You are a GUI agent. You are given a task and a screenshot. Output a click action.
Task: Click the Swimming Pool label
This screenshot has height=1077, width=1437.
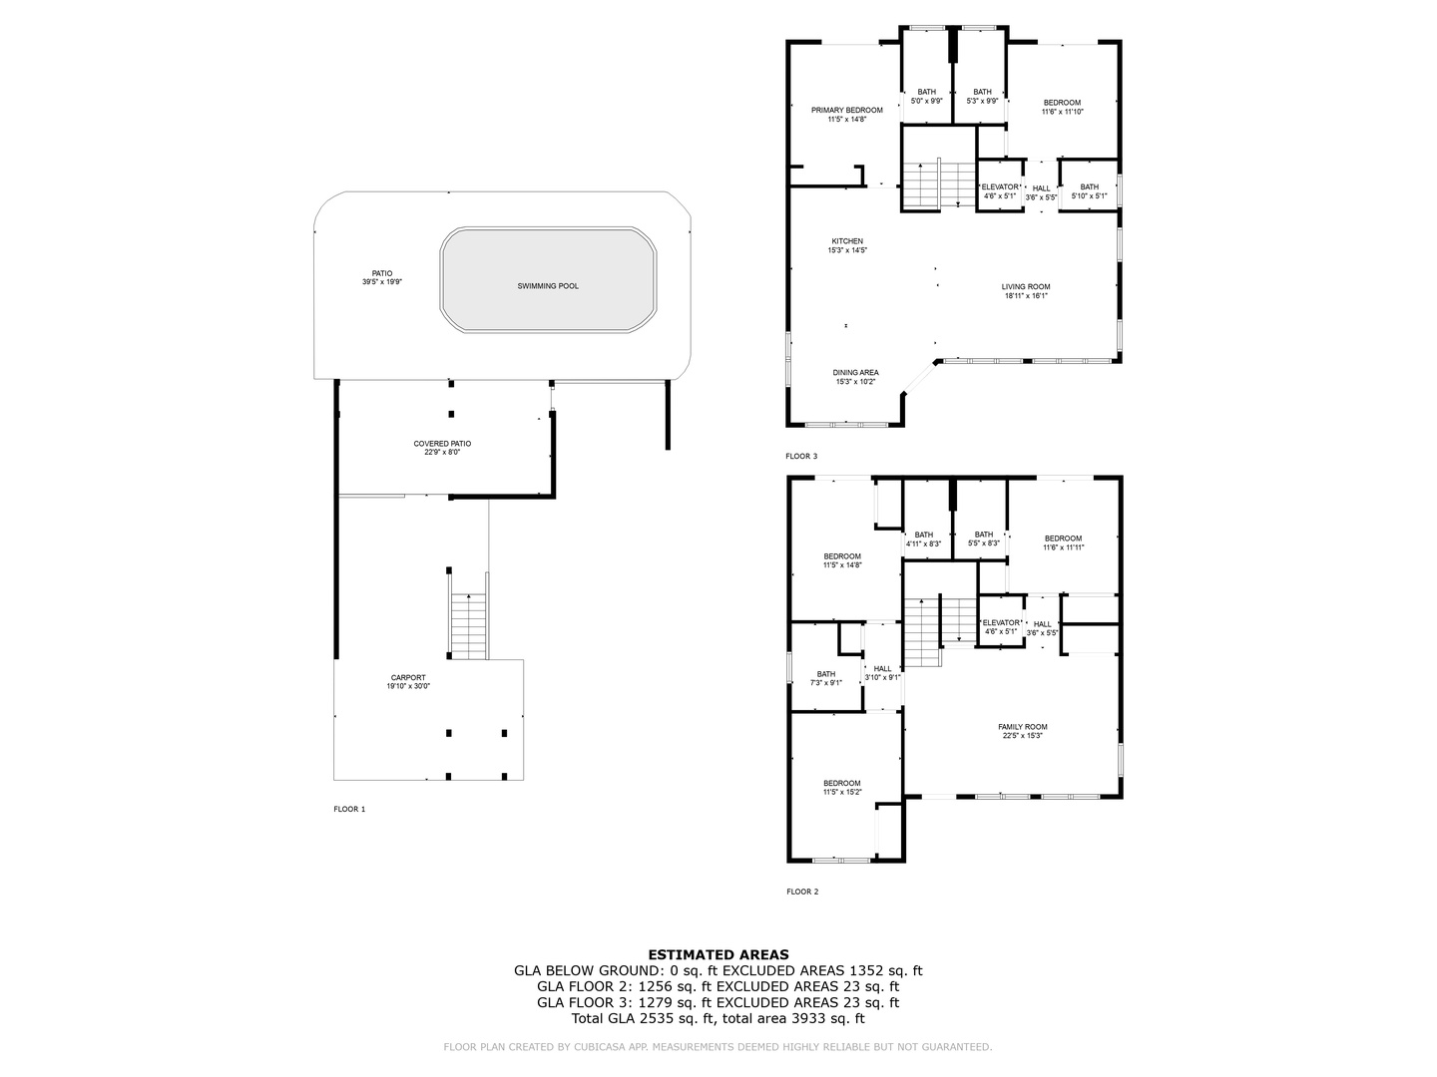click(x=547, y=286)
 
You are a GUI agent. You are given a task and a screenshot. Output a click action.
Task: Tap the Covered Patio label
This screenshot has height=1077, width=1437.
click(x=442, y=447)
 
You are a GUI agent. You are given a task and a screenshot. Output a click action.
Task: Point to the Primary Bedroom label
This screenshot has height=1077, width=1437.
click(x=846, y=114)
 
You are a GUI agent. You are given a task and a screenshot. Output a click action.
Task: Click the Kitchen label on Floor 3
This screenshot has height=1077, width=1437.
click(x=847, y=245)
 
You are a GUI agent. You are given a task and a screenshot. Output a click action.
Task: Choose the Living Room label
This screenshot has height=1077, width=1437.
click(x=1026, y=291)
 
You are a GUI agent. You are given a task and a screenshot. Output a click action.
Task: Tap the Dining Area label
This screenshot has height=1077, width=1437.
click(x=855, y=377)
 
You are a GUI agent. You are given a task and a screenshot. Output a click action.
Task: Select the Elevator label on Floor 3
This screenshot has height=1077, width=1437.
click(x=1000, y=191)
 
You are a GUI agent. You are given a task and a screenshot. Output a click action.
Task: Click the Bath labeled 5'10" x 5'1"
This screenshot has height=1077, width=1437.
click(x=1089, y=191)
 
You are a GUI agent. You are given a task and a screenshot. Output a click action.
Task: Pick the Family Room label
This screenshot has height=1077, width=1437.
click(x=1022, y=731)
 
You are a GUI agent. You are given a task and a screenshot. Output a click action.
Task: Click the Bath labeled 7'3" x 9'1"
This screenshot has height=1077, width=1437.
click(x=826, y=678)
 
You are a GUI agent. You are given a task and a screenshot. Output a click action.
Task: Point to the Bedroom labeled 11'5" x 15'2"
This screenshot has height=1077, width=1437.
click(x=841, y=788)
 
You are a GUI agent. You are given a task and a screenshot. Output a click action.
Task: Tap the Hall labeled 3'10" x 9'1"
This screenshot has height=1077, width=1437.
click(x=882, y=673)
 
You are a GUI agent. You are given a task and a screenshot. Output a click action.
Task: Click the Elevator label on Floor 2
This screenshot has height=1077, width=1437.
click(x=1001, y=627)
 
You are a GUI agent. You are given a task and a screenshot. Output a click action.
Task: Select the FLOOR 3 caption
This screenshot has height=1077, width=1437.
click(x=800, y=457)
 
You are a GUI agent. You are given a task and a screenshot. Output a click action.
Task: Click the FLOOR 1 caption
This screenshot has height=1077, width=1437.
click(x=349, y=810)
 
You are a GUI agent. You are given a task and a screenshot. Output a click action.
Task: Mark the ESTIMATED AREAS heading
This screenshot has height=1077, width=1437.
click(x=718, y=954)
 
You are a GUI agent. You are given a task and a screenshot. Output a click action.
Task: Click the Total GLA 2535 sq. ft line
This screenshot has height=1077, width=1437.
click(x=718, y=1018)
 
